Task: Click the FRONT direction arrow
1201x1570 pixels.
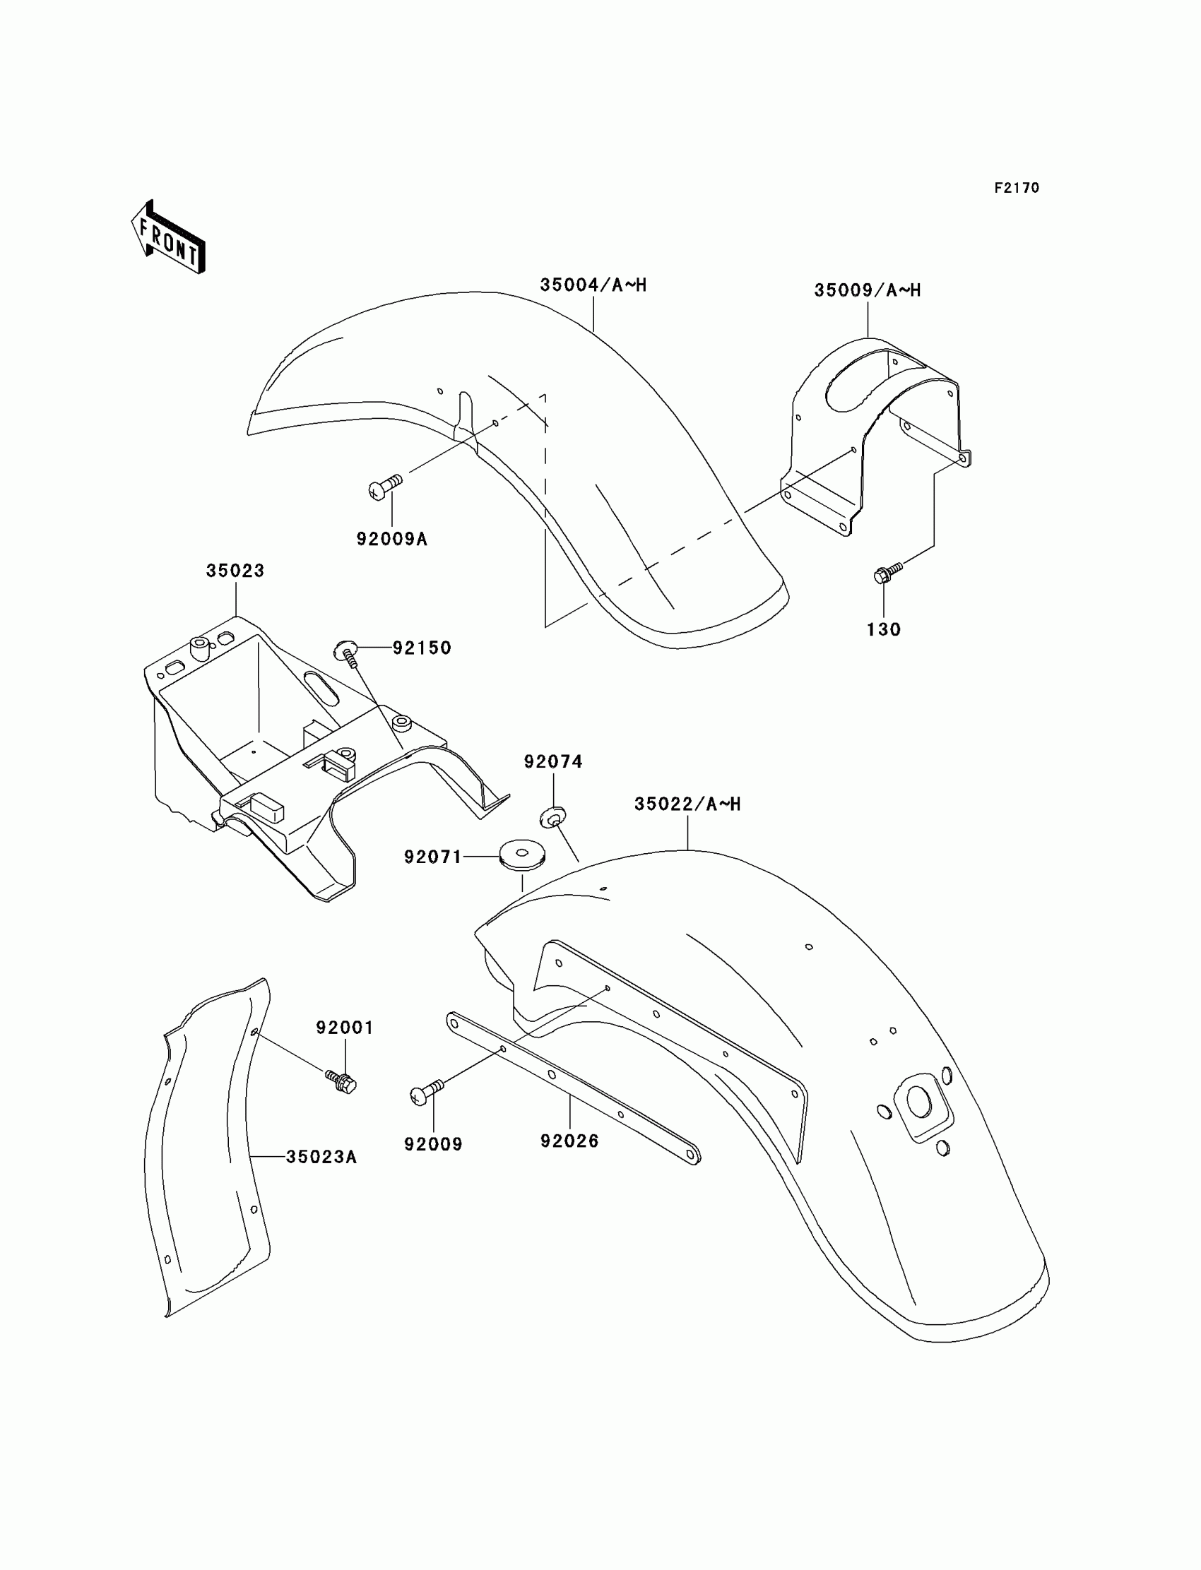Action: [x=169, y=239]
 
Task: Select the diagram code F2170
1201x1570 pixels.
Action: [x=1016, y=188]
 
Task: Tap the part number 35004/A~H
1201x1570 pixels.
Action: [x=593, y=285]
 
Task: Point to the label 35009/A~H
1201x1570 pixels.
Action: [x=867, y=290]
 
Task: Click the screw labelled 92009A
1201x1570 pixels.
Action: [x=384, y=486]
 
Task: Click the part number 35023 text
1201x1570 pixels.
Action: [x=235, y=570]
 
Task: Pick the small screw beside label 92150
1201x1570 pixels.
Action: [x=347, y=653]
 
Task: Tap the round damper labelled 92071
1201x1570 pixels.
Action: [x=522, y=855]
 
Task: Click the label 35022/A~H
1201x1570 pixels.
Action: [x=687, y=804]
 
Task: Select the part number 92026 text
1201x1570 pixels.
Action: [x=569, y=1141]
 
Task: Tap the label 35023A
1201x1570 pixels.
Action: [x=321, y=1157]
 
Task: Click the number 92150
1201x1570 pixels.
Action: [x=422, y=648]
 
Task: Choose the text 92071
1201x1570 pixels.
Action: [x=433, y=857]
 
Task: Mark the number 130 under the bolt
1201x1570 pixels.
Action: [x=884, y=629]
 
